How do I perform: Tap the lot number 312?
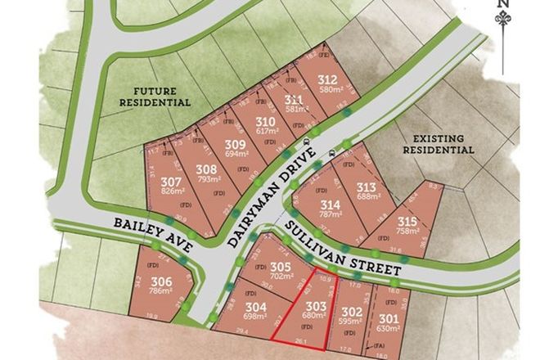coord(327,79)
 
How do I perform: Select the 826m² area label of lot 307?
coord(171,191)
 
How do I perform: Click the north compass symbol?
coord(504,18)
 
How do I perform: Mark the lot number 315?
coord(407,221)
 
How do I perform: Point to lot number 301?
coord(389,319)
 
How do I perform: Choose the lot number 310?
coord(267,119)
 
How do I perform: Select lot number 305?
coord(281,267)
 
